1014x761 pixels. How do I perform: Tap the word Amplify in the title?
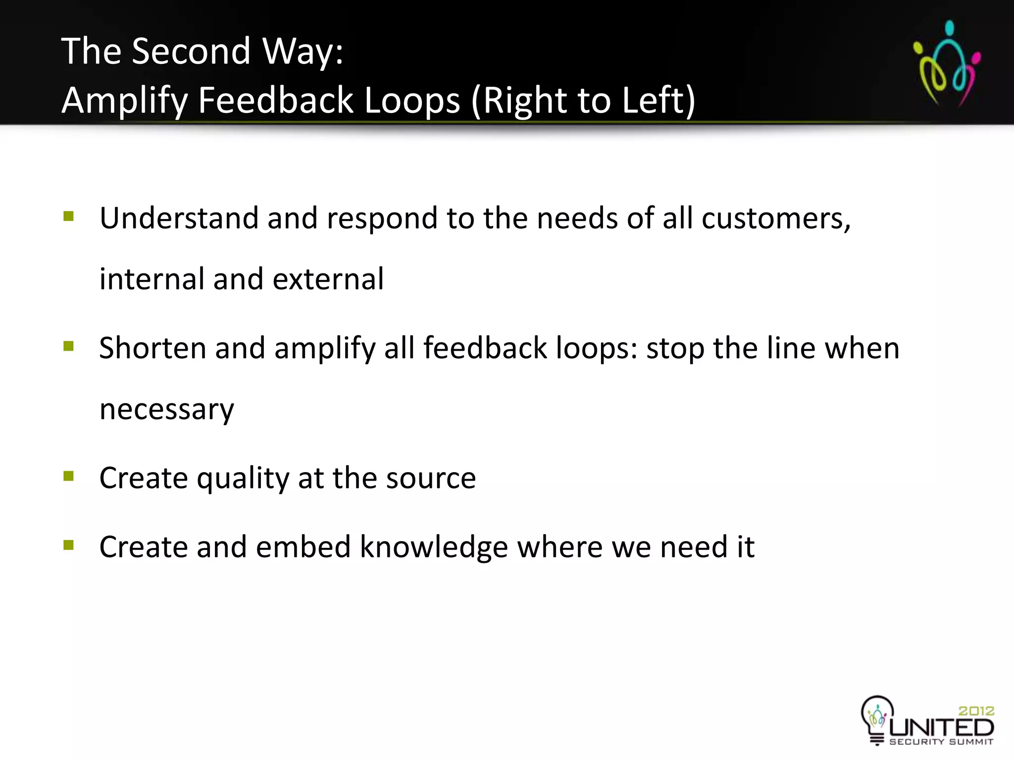pos(124,101)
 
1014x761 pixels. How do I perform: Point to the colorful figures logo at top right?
pos(947,63)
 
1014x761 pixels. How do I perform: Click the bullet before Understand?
pos(68,217)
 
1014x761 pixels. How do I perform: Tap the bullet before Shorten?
pos(68,346)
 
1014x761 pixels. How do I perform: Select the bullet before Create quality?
pos(68,476)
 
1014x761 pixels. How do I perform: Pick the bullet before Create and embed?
pos(68,545)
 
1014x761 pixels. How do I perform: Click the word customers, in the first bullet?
pos(776,218)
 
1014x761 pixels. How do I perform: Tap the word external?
pos(328,279)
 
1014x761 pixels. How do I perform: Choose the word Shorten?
pos(152,348)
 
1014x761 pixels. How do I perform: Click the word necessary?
pos(166,410)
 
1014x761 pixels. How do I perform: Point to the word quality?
pos(243,479)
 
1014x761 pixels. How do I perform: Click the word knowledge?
pos(434,547)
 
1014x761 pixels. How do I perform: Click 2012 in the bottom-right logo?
pos(976,711)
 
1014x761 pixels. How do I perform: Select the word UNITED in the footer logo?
pos(941,728)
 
